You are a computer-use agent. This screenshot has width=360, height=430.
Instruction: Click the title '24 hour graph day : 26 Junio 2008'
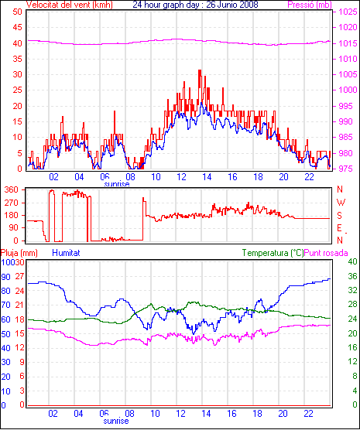click(x=195, y=5)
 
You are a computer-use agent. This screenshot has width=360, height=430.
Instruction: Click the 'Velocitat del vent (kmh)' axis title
click(x=70, y=5)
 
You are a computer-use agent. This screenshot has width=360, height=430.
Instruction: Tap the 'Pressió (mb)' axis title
click(x=310, y=5)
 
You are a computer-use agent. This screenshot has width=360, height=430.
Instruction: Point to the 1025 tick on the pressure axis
click(x=348, y=12)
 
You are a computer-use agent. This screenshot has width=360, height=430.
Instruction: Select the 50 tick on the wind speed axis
click(x=17, y=12)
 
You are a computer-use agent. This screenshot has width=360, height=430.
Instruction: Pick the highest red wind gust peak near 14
click(x=200, y=70)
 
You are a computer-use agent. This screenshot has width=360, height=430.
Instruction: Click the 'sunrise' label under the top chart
click(x=117, y=184)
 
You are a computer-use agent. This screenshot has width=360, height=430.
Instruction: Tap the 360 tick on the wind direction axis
click(x=12, y=189)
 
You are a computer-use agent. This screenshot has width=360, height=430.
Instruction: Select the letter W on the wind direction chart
click(x=341, y=203)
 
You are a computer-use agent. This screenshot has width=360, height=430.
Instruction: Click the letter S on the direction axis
click(x=339, y=216)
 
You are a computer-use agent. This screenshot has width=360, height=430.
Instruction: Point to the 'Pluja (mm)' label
click(x=19, y=253)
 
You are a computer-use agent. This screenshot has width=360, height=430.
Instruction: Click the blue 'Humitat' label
click(x=66, y=253)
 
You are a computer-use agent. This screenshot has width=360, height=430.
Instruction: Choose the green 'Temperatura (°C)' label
click(x=273, y=253)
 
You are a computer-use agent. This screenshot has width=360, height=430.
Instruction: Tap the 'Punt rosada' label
click(x=326, y=253)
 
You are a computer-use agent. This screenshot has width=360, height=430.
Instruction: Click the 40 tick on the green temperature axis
click(x=352, y=261)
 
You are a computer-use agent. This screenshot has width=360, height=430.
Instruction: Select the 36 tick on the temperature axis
click(x=352, y=275)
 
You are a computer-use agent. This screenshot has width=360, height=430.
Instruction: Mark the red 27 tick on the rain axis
click(x=19, y=276)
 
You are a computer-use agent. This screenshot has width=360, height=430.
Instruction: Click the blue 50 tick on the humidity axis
click(x=5, y=334)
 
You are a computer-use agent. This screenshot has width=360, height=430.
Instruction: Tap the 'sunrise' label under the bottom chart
click(x=116, y=421)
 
